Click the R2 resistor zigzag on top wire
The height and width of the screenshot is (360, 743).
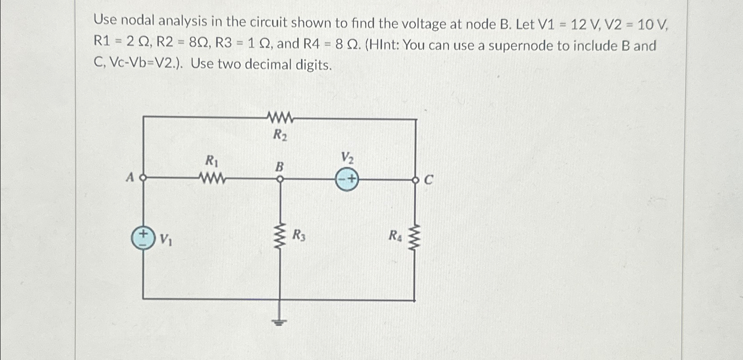[x=280, y=118]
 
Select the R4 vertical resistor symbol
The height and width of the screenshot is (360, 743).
[x=415, y=236]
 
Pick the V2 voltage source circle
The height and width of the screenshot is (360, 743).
[x=347, y=180]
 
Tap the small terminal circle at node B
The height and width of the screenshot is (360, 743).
[x=280, y=179]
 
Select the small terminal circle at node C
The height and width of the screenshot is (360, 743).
[x=415, y=180]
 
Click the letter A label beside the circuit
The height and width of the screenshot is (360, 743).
[x=130, y=178]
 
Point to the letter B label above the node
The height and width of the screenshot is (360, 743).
[x=279, y=167]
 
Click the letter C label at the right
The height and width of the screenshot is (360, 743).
[x=428, y=181]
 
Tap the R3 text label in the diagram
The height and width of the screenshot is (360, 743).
[x=299, y=235]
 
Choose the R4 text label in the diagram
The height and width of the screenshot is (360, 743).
[x=395, y=235]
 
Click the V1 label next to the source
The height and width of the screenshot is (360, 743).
[x=166, y=240]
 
